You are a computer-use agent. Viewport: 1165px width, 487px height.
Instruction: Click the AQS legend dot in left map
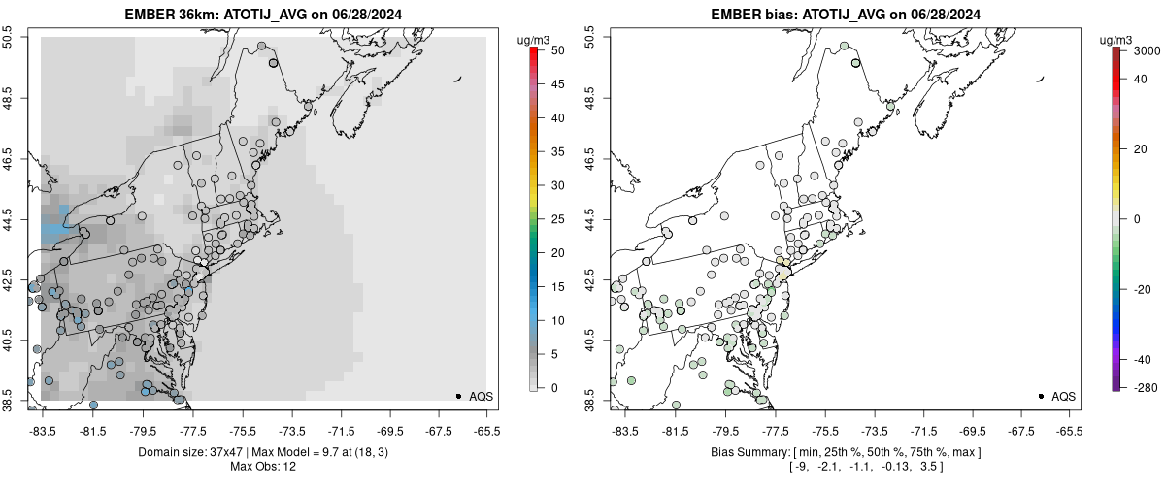click(x=457, y=396)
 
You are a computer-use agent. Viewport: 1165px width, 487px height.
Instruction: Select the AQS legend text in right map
click(x=1063, y=396)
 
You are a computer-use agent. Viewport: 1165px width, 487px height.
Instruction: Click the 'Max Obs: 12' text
click(x=262, y=466)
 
